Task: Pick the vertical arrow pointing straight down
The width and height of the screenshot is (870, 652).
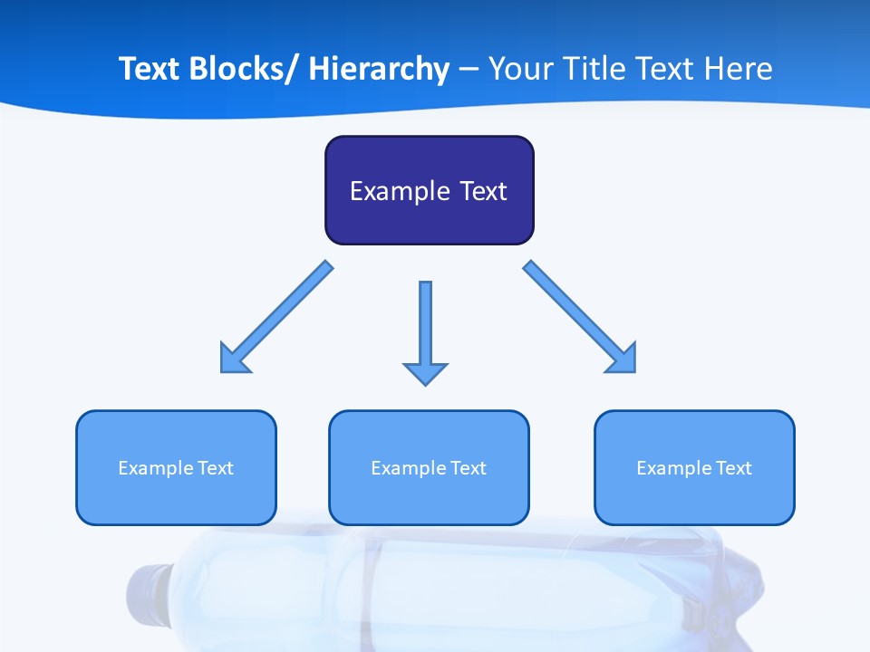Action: pyautogui.click(x=425, y=326)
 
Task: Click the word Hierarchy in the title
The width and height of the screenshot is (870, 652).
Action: pyautogui.click(x=379, y=70)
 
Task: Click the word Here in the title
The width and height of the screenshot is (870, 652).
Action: pyautogui.click(x=739, y=69)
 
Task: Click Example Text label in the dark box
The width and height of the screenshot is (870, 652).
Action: pyautogui.click(x=429, y=191)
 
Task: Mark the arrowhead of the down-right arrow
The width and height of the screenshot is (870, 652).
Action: pyautogui.click(x=623, y=359)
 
